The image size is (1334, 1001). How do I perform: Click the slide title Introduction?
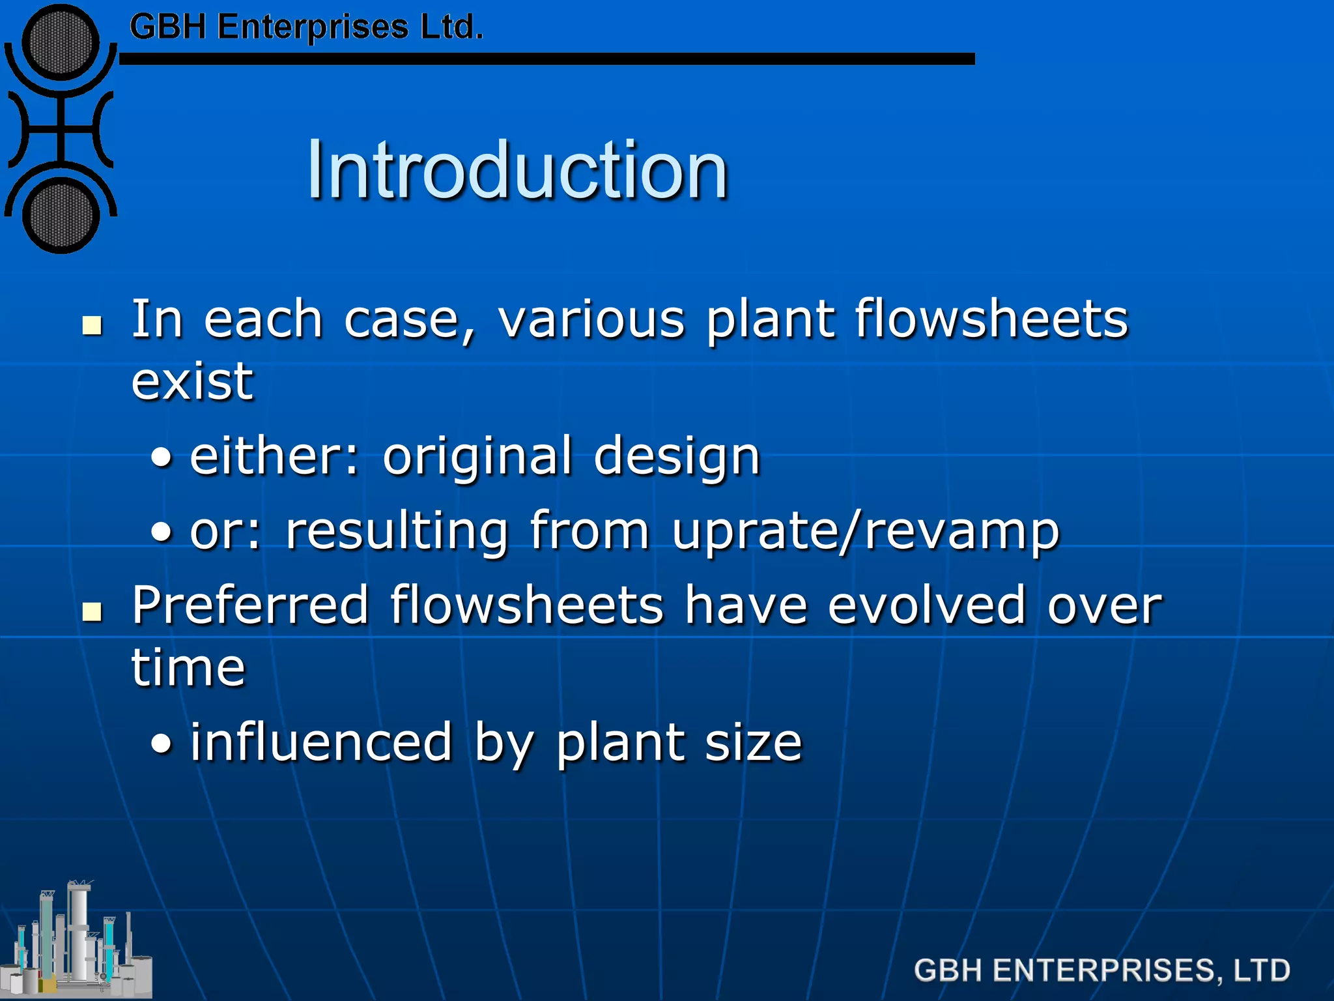(x=517, y=171)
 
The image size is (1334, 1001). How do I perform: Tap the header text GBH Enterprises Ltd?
(x=306, y=28)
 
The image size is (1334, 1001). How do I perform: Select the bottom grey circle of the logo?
(x=61, y=214)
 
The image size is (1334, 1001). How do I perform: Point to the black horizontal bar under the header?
(x=547, y=59)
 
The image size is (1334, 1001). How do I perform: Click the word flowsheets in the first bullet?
(x=991, y=319)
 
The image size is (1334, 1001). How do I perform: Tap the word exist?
(x=192, y=381)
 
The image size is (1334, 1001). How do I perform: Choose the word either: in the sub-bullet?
(x=274, y=456)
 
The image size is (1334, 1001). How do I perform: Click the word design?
(x=677, y=456)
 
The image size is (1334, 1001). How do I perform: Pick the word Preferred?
(x=251, y=605)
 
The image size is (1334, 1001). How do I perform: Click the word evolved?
(x=927, y=605)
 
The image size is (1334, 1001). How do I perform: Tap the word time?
(x=188, y=668)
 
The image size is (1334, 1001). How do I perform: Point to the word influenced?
(x=321, y=742)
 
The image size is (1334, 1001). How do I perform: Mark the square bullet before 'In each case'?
(x=92, y=325)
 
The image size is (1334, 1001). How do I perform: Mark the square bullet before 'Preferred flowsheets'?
(x=92, y=611)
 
